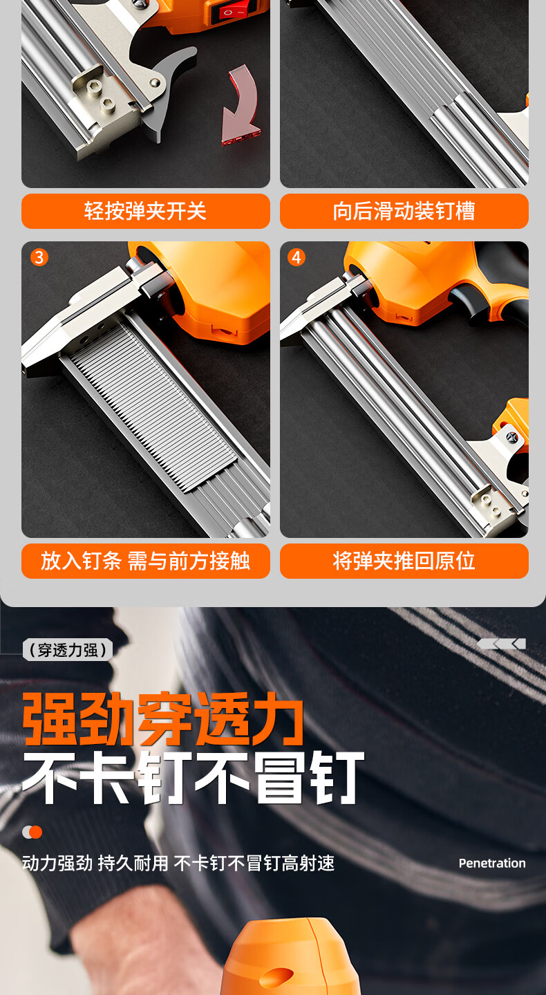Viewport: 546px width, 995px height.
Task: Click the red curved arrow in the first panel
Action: pos(242,109)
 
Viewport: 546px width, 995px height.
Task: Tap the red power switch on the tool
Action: pos(229,12)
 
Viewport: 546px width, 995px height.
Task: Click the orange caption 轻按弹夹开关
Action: pos(146,211)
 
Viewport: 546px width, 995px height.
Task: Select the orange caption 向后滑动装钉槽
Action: pos(404,211)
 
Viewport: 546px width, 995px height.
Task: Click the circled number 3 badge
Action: pos(39,257)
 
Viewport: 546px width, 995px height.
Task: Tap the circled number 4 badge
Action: pos(296,257)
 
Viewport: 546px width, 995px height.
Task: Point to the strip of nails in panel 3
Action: pos(153,407)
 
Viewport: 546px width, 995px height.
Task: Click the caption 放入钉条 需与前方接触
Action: pos(146,561)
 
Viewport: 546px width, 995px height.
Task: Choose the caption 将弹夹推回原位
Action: pos(404,561)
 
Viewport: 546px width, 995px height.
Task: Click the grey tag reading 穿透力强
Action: pos(68,650)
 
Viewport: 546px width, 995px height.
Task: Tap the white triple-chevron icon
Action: pos(502,644)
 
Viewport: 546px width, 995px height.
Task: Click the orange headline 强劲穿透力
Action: pos(163,719)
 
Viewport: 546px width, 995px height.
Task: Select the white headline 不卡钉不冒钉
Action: pos(193,778)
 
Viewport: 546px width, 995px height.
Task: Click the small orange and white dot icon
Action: pos(32,832)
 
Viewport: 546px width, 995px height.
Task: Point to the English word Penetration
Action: pos(492,863)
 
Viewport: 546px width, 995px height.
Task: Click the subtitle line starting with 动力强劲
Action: pos(178,863)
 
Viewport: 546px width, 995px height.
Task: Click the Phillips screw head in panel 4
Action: pos(511,437)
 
